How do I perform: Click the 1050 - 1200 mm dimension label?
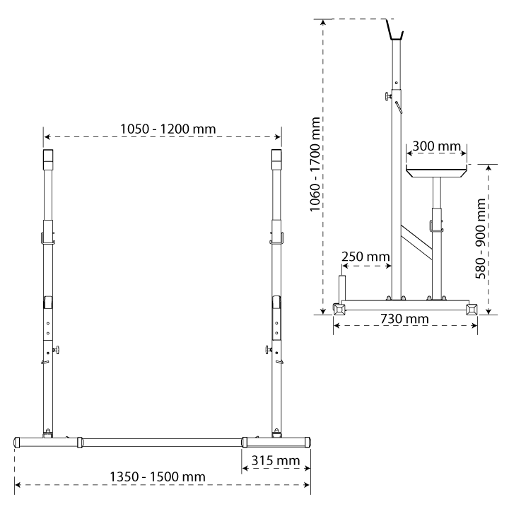[168, 129]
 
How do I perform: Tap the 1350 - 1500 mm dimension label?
[158, 477]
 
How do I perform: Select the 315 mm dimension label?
[276, 461]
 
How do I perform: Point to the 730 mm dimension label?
[404, 319]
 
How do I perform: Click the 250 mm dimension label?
[365, 257]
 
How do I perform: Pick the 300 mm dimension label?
[437, 146]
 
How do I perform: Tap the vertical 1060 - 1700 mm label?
[315, 164]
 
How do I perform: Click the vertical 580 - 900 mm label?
[480, 239]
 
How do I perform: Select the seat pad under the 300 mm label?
[436, 171]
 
